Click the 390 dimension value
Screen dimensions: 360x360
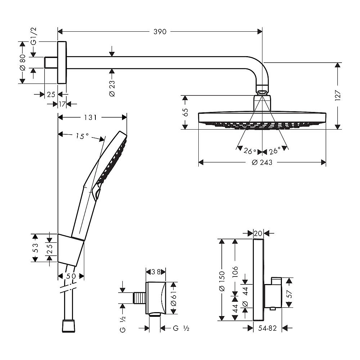pos(160,32)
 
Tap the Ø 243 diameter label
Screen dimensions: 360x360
pos(262,162)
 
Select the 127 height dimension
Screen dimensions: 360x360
pos(338,95)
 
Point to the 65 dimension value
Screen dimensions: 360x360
pos(186,112)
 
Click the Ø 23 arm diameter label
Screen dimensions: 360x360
pos(112,88)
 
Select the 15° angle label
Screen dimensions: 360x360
pos(82,136)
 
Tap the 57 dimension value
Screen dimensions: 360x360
pos(288,293)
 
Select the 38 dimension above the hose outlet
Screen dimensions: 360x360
pos(156,272)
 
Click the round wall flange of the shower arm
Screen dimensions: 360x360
pos(62,63)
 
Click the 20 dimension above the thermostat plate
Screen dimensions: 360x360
pos(258,233)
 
